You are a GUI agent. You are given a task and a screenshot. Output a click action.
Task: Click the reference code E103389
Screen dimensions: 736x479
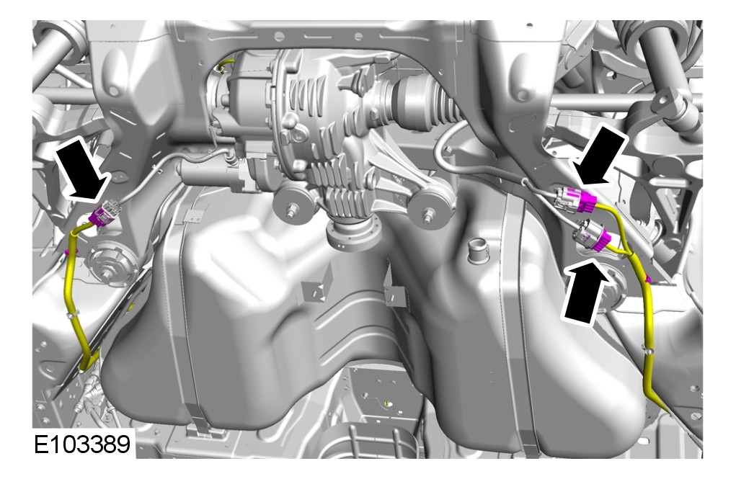click(82, 444)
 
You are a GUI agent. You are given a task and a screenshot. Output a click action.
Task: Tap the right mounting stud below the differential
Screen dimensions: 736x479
click(427, 215)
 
